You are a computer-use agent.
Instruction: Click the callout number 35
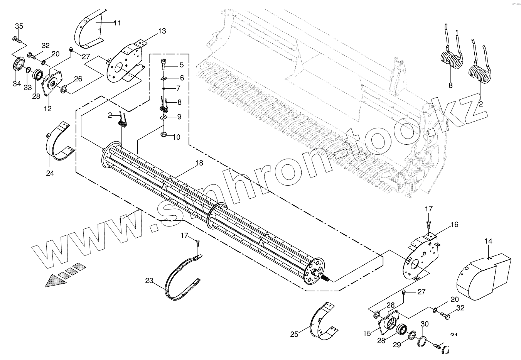coord(19,26)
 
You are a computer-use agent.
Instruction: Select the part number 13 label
coord(162,31)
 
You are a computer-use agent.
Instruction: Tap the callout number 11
coord(117,23)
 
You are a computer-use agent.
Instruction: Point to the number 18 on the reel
coord(199,163)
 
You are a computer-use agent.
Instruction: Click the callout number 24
coord(50,173)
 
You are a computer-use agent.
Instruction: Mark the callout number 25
coord(294,335)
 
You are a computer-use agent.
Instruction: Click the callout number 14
coord(488,242)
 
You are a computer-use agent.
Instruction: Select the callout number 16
coord(455,224)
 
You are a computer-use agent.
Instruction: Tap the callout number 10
coord(177,137)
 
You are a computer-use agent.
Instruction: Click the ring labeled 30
coord(422,341)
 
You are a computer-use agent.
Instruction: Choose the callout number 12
coord(47,109)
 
